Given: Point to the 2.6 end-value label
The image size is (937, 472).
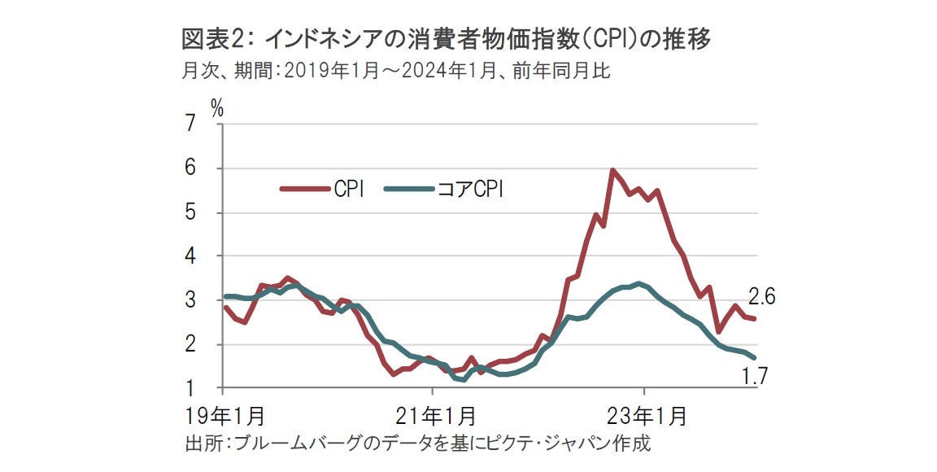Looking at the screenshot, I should point(761,298).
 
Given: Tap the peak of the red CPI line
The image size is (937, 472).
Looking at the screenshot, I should point(612,170).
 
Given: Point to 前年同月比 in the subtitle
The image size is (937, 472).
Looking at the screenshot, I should point(571,71).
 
